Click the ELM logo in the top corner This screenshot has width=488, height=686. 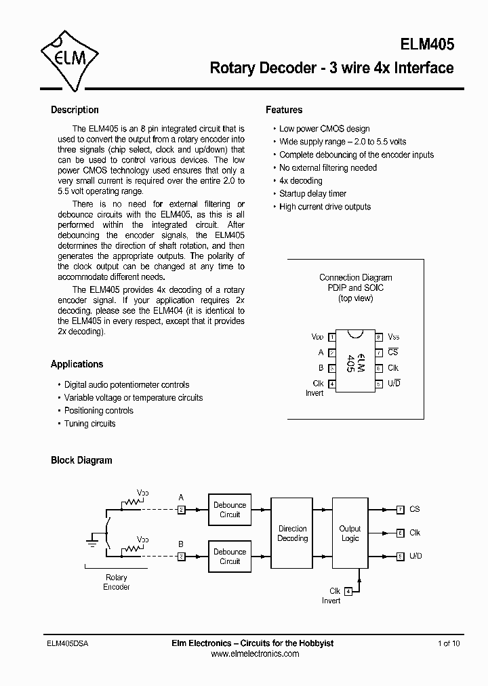[70, 58]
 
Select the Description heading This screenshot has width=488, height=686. [75, 110]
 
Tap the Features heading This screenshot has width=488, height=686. [284, 110]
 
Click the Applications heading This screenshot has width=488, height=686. [77, 364]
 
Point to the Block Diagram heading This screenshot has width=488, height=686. [81, 460]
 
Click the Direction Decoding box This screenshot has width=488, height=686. [292, 533]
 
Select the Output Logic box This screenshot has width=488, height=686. [350, 533]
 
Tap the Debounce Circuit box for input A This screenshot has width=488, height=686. [230, 510]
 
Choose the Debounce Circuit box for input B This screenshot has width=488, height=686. [230, 557]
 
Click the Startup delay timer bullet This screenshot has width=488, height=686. [312, 194]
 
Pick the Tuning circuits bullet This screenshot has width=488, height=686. [89, 424]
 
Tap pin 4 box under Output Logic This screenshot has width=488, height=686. [348, 591]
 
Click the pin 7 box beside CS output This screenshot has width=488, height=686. [401, 510]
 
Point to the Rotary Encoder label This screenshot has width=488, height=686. [116, 582]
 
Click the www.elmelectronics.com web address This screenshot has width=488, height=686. [255, 654]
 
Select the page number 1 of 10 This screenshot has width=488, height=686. [449, 643]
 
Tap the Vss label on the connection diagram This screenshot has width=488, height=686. [393, 337]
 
